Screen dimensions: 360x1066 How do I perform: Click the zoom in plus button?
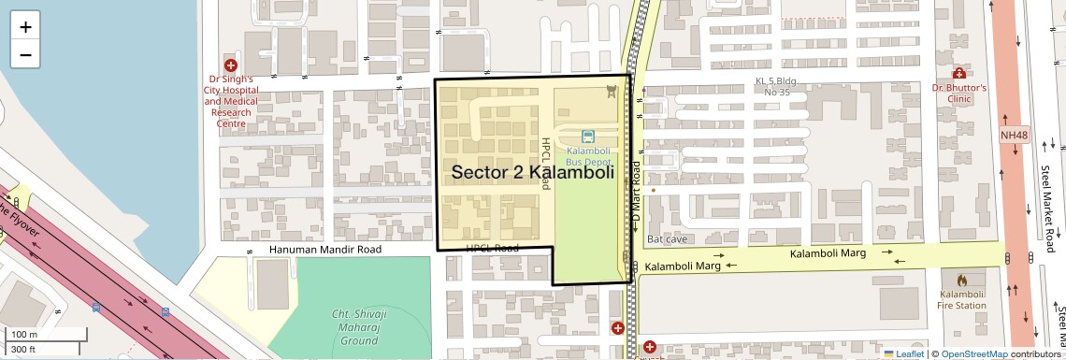(25, 26)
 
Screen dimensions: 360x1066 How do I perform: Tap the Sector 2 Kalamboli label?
(532, 172)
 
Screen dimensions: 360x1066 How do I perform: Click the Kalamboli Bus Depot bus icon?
(588, 137)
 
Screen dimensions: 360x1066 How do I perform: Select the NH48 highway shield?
(1014, 136)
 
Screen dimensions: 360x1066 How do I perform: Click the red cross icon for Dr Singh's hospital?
(230, 65)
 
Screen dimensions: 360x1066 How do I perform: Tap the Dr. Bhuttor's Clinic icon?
(958, 73)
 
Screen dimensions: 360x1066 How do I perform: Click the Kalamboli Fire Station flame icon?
(962, 280)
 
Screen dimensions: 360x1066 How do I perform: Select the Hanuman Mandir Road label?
(325, 250)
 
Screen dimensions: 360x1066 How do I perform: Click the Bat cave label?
(667, 239)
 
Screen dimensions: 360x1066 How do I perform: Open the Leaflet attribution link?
(903, 353)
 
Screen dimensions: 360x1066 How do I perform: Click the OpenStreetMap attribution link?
(973, 353)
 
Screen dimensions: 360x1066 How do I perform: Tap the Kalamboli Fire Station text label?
(962, 299)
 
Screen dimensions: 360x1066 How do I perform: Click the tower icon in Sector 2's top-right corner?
(612, 91)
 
